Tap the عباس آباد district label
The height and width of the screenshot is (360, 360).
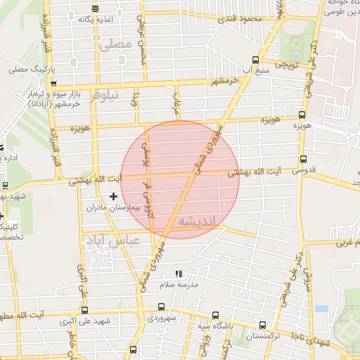coord(112,241)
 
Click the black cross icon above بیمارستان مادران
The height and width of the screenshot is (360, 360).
coord(113,196)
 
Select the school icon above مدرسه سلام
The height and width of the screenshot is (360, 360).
coord(178,273)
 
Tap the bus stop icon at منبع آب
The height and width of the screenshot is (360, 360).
coord(255,60)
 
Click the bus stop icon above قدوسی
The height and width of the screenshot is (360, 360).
coord(303,159)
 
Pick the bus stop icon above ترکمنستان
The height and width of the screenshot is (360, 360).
coord(262,326)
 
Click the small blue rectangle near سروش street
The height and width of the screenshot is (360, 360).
coord(321,309)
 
